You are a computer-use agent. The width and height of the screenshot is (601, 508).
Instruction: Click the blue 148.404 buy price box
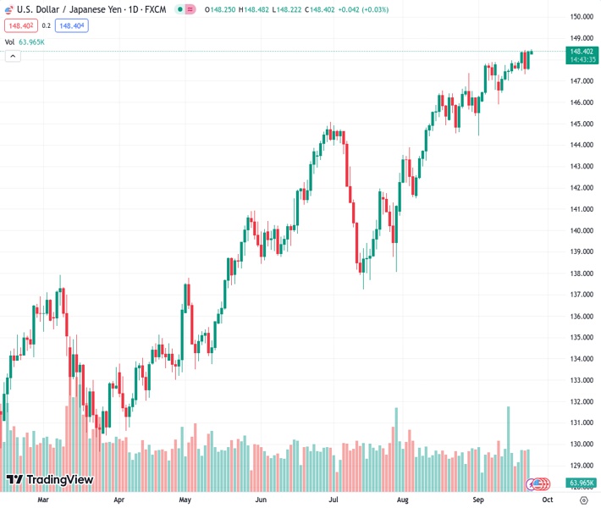click(71, 25)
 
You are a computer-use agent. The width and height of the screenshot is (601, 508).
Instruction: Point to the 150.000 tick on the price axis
click(580, 17)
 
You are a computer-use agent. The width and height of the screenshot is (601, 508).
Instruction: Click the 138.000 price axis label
click(580, 273)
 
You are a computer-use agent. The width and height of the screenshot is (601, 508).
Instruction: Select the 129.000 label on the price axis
click(580, 466)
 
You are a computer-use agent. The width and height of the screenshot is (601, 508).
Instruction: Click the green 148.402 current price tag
click(581, 51)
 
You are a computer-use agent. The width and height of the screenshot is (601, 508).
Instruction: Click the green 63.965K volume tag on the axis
click(580, 483)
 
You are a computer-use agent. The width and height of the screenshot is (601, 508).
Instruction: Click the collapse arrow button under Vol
click(13, 56)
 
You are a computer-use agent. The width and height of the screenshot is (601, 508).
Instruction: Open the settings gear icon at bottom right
click(583, 500)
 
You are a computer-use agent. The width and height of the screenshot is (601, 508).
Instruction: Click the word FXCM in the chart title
click(156, 9)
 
